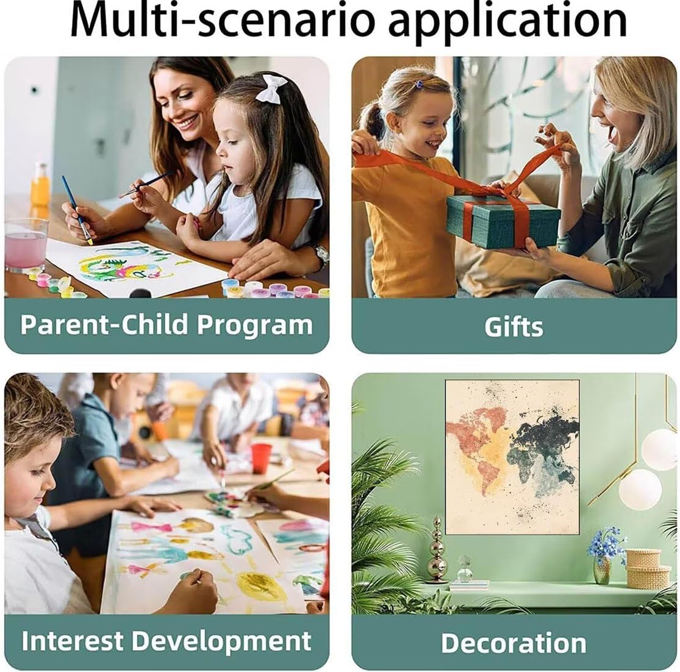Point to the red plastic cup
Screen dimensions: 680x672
pyautogui.click(x=261, y=458)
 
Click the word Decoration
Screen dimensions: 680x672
pyautogui.click(x=514, y=643)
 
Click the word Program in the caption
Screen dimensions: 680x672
pyautogui.click(x=254, y=325)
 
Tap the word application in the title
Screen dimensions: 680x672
pyautogui.click(x=508, y=20)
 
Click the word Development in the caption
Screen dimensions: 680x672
pyautogui.click(x=221, y=640)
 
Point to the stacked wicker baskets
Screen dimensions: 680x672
pyautogui.click(x=648, y=568)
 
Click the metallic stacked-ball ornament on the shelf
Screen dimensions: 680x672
pyautogui.click(x=437, y=550)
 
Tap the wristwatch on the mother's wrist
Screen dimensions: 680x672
pyautogui.click(x=321, y=255)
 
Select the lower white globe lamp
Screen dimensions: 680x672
pyautogui.click(x=640, y=489)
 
